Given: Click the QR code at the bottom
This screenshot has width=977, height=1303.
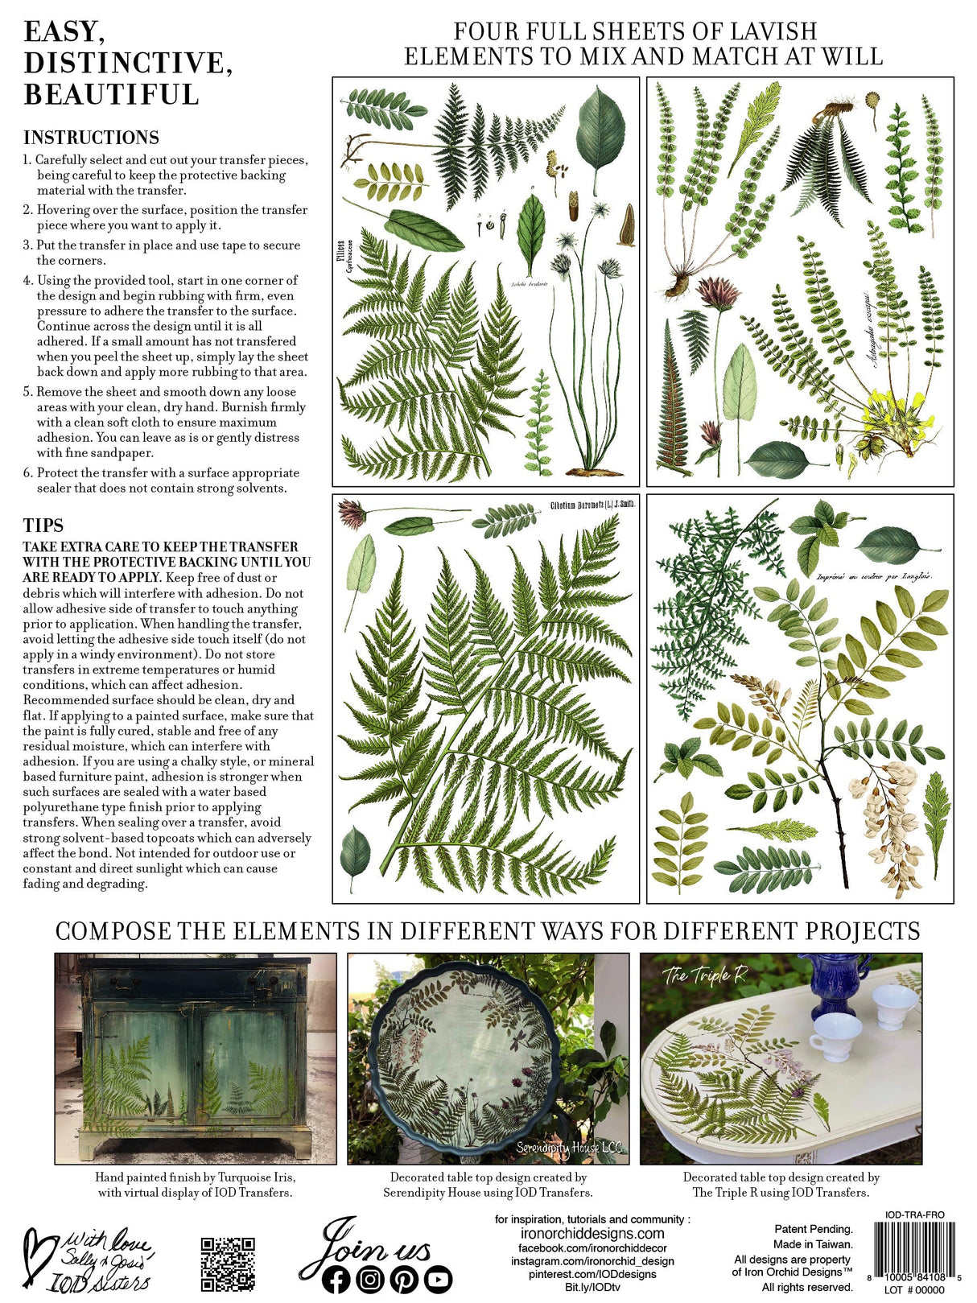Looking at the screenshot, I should [x=228, y=1264].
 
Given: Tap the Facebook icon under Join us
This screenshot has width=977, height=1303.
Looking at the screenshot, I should [x=336, y=1279].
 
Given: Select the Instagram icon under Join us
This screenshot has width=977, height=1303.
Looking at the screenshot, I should [x=370, y=1279].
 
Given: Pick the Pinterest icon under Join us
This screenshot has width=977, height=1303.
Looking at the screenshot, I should [x=404, y=1279].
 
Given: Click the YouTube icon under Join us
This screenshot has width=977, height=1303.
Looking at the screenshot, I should [x=438, y=1279].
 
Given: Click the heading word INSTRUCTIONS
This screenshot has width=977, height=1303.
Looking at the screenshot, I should [x=91, y=138].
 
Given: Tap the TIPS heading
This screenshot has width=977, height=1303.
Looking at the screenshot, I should [x=43, y=526].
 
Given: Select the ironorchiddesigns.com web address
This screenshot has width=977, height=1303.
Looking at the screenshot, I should [x=592, y=1233].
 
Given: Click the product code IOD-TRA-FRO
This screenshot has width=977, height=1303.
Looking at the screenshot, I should [x=914, y=1214].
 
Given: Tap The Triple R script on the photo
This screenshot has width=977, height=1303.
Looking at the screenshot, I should [x=705, y=975].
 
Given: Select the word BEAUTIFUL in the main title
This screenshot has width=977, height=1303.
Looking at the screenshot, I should [x=111, y=94].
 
